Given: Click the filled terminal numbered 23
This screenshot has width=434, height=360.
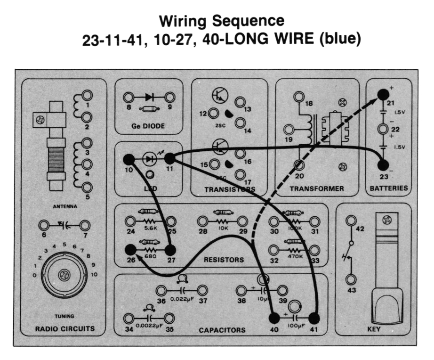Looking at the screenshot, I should coord(383,165).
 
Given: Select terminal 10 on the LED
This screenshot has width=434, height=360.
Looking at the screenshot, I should coord(129,160).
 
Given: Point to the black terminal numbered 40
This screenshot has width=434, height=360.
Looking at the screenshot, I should coord(273,319).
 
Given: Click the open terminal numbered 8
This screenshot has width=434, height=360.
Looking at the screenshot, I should coord(128,98).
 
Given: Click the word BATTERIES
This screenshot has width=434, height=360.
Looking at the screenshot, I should coord(389,188).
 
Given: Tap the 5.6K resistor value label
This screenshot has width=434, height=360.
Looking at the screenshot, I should coord(151,228).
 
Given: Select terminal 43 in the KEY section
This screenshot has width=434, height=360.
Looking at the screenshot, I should coord(351,279).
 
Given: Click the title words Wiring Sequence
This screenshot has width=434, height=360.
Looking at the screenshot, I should coord(222,21).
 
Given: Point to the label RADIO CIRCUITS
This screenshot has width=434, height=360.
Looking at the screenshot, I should coord(65,328).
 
